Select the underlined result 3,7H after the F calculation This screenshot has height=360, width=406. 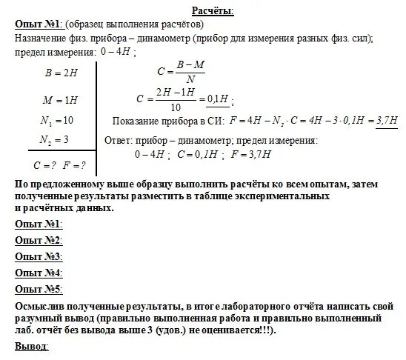pyautogui.click(x=387, y=121)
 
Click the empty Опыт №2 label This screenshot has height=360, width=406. pyautogui.click(x=38, y=240)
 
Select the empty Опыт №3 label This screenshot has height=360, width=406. pyautogui.click(x=38, y=256)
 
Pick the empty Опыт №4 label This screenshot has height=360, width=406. pyautogui.click(x=38, y=272)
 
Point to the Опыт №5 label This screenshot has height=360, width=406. pyautogui.click(x=38, y=288)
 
